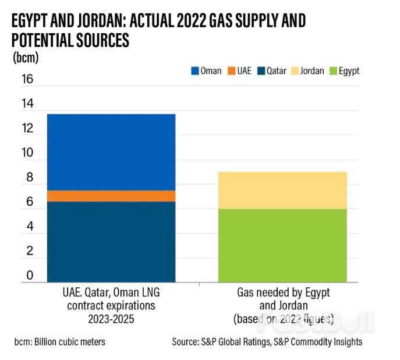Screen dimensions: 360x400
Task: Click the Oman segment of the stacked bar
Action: point(111,152)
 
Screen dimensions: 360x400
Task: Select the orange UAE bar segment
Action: point(111,196)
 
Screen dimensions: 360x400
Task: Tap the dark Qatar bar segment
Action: point(111,242)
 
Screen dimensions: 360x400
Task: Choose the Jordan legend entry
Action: point(309,71)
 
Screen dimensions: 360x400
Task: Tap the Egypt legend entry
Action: point(345,71)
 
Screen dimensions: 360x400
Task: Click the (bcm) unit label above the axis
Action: point(26,58)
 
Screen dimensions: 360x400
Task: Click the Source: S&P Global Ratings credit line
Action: point(266,342)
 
